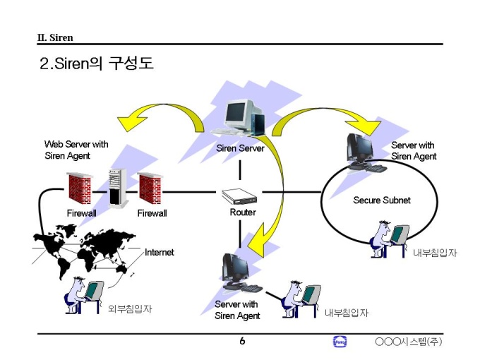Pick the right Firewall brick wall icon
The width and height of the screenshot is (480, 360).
coord(150,188)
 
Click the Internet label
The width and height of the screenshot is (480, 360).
coord(159,252)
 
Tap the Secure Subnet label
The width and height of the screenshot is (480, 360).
coord(382,200)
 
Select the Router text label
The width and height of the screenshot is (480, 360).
coord(243,212)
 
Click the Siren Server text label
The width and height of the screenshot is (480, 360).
coord(240,149)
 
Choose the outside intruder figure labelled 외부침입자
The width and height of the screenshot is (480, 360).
coord(83,295)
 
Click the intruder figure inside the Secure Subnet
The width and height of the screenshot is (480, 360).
coord(389,240)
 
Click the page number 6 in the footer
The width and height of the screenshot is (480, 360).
coord(242,342)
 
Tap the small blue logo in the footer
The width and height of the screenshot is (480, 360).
coord(339,342)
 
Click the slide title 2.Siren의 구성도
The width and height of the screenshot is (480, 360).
coord(97,64)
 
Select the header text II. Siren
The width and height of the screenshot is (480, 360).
coord(55,37)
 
